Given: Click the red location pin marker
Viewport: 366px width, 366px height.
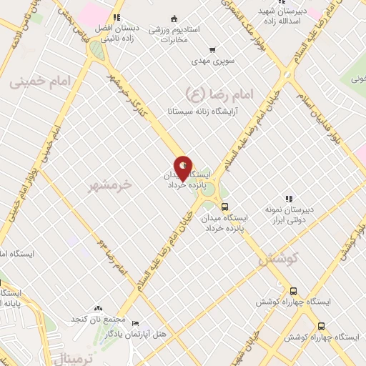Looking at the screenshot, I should pos(184,168).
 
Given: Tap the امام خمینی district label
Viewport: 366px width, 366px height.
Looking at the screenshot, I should pos(42,83).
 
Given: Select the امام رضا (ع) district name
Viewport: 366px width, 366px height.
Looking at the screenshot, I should pos(214,93).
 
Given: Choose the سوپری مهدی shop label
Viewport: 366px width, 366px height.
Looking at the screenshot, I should pos(210,63).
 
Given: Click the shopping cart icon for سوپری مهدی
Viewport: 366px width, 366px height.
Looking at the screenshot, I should pos(212,49).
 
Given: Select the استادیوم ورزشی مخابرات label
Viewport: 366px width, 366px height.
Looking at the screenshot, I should pos(174,30).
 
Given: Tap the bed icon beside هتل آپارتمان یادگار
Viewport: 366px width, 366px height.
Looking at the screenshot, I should pos(136,323).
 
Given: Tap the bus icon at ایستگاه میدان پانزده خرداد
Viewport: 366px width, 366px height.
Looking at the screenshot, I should pos(224,206).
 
